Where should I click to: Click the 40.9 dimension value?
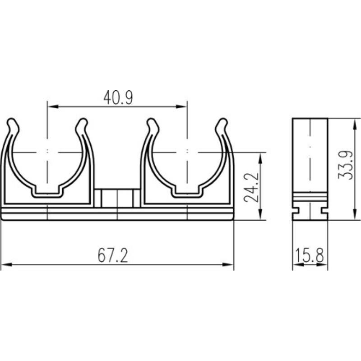tap(118, 97)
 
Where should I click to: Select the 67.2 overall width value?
tap(113, 255)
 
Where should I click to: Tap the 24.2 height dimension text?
tap(251, 187)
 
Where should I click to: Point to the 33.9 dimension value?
tap(345, 165)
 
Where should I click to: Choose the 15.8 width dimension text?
tap(310, 255)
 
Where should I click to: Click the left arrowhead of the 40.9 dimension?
tap(52, 106)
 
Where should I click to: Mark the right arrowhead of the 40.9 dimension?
tap(181, 106)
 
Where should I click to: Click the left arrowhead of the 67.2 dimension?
tap(6, 265)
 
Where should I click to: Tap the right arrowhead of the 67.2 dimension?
tap(228, 265)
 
